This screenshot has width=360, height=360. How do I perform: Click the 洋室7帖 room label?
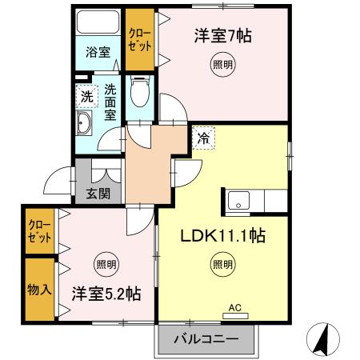[x=223, y=36]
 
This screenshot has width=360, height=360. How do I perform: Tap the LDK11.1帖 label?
[x=223, y=236]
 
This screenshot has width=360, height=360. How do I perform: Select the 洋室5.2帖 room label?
[x=106, y=294]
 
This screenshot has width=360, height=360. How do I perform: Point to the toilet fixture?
[x=140, y=91]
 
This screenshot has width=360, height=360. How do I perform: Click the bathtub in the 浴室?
[x=98, y=22]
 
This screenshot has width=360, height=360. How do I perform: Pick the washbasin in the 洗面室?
[x=84, y=122]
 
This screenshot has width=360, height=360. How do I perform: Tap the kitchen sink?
[x=238, y=200]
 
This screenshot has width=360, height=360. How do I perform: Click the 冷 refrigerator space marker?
[x=203, y=138]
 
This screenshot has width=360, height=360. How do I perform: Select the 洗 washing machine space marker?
[x=86, y=96]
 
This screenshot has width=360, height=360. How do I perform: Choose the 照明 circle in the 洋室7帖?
[x=223, y=65]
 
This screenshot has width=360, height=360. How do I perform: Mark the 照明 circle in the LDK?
[x=223, y=264]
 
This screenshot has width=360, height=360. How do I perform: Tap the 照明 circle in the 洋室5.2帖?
[x=106, y=264]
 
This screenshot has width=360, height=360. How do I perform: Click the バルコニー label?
[x=206, y=339]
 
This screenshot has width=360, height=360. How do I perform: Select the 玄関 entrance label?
[x=98, y=194]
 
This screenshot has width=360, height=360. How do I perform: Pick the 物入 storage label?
[x=39, y=290]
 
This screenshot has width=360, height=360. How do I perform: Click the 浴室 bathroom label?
[x=98, y=52]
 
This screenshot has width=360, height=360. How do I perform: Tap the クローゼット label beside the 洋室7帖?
[x=140, y=40]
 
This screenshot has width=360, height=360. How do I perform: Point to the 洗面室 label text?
[x=110, y=102]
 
